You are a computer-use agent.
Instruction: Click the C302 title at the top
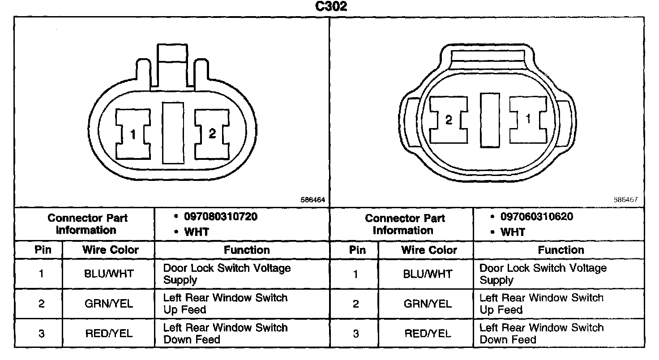pyautogui.click(x=329, y=7)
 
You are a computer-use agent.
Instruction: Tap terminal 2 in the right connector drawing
pyautogui.click(x=449, y=120)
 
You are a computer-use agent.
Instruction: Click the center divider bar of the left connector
pyautogui.click(x=173, y=133)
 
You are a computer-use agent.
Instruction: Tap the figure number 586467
pyautogui.click(x=625, y=200)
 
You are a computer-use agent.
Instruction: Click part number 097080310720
pyautogui.click(x=221, y=217)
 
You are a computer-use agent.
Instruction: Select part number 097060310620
pyautogui.click(x=537, y=217)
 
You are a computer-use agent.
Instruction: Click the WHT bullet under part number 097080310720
pyautogui.click(x=196, y=232)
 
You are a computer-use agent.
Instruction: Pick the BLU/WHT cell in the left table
pyautogui.click(x=109, y=274)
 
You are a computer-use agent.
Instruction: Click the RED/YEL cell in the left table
pyautogui.click(x=109, y=334)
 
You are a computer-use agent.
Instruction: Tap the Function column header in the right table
pyautogui.click(x=561, y=250)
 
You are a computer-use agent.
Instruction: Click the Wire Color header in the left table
pyautogui.click(x=110, y=250)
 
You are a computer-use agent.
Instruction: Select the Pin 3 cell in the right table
pyautogui.click(x=355, y=334)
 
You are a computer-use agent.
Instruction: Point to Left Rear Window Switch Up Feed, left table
pyautogui.click(x=225, y=304)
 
